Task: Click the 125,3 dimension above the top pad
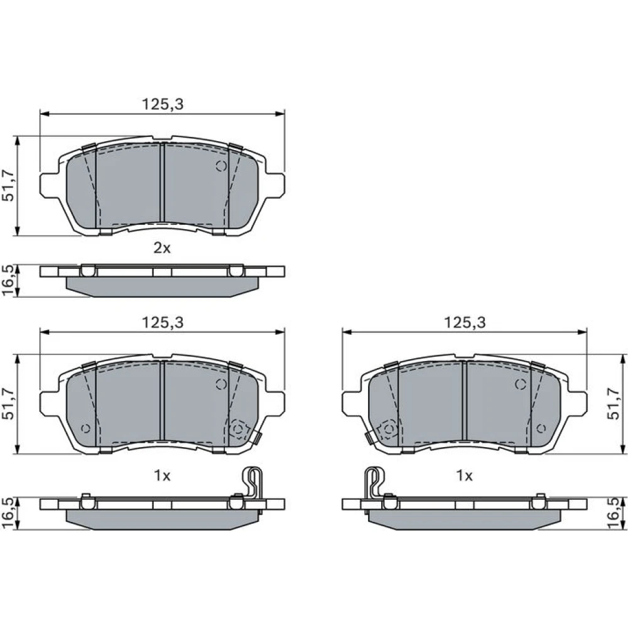[x=163, y=104]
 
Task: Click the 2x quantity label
[x=162, y=248]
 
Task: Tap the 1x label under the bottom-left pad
[x=162, y=475]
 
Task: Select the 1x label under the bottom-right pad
[x=464, y=475]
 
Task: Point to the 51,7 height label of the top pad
[x=8, y=185]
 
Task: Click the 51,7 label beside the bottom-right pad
[x=613, y=403]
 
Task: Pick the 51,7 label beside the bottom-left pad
[x=8, y=403]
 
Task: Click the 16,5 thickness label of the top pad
[x=8, y=280]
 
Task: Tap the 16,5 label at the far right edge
[x=613, y=514]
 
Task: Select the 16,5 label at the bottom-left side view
[x=8, y=514]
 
